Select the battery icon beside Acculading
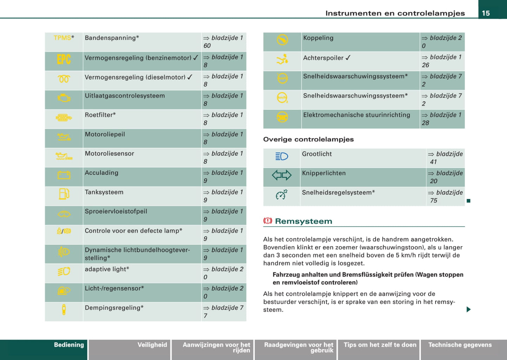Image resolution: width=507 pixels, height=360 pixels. point(64,175)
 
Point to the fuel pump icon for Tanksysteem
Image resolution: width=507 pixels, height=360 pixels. point(64,194)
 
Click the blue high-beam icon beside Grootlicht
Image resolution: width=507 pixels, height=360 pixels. point(282,156)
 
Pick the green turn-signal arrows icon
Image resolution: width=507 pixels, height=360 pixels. point(282,175)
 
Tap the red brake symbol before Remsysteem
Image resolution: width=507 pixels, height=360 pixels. point(268,221)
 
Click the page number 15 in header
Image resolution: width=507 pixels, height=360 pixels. point(486,13)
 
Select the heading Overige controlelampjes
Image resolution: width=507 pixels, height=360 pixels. point(308,139)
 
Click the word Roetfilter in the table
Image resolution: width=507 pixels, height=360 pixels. point(100,115)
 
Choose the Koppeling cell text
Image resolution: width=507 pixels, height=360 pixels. point(318,38)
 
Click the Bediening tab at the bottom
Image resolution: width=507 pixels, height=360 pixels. point(69,345)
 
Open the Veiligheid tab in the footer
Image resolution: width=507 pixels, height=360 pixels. point(152,345)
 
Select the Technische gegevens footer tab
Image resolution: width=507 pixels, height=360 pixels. point(460,345)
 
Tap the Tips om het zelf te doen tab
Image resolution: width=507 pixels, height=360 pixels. point(380,345)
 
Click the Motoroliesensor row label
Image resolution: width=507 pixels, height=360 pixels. point(109,153)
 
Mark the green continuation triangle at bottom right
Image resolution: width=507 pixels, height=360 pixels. point(468,309)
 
